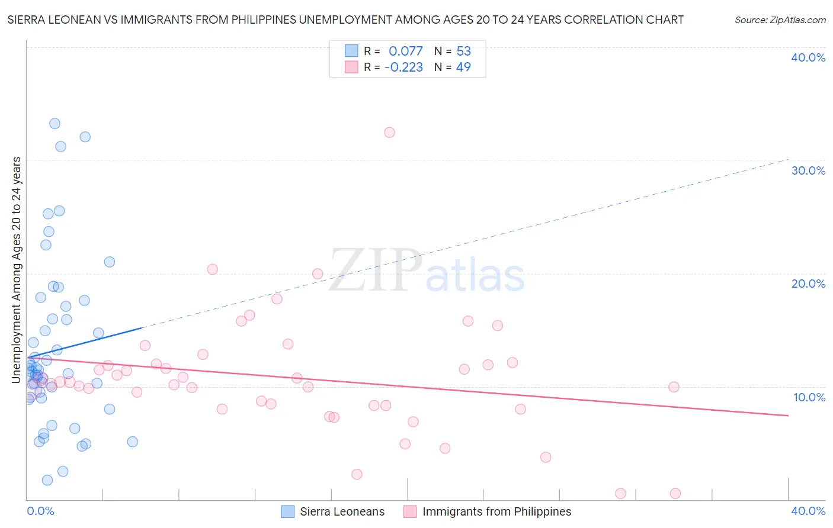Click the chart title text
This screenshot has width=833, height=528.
click(x=345, y=20)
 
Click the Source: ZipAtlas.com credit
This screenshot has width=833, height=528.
click(x=780, y=20)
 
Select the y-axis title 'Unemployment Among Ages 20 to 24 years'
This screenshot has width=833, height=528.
click(x=16, y=270)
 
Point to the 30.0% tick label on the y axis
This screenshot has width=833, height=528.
click(x=808, y=170)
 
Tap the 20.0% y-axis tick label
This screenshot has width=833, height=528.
click(x=808, y=284)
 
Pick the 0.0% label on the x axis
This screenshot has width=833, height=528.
click(x=40, y=511)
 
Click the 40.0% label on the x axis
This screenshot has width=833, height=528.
click(x=808, y=511)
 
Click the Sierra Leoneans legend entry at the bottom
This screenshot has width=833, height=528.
click(x=342, y=511)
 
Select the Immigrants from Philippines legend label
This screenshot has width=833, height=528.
click(x=496, y=511)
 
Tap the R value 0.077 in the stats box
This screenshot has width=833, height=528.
click(x=406, y=51)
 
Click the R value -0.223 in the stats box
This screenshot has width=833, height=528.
click(x=403, y=67)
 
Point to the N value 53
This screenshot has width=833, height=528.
click(x=463, y=51)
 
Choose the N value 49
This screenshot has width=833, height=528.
click(x=463, y=67)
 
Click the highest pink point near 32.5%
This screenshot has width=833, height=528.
click(x=389, y=133)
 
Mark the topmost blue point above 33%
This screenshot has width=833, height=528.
click(x=55, y=124)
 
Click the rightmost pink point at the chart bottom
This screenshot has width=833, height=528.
click(x=675, y=494)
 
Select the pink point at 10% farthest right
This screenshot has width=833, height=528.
click(x=674, y=387)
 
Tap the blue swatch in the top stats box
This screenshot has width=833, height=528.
click(x=351, y=51)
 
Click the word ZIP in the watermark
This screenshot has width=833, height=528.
click(x=376, y=271)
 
